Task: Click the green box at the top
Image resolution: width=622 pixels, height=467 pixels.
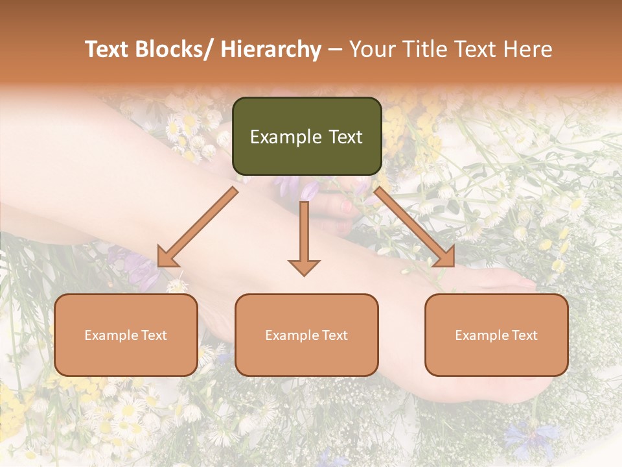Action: click(x=306, y=136)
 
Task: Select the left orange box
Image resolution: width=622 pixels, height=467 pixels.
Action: click(x=126, y=335)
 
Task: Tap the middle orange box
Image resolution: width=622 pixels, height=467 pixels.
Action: click(x=306, y=335)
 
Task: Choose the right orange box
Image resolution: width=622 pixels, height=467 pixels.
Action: click(x=496, y=335)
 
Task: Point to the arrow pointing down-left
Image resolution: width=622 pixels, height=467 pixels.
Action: click(x=197, y=228)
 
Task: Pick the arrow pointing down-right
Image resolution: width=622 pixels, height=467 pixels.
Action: click(x=415, y=227)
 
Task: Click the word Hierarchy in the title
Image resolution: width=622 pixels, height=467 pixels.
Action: click(x=271, y=49)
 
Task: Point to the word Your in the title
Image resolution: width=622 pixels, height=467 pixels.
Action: click(x=370, y=49)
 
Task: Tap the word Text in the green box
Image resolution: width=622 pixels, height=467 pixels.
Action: click(x=345, y=137)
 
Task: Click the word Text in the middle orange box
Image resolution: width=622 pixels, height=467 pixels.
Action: click(x=334, y=335)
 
